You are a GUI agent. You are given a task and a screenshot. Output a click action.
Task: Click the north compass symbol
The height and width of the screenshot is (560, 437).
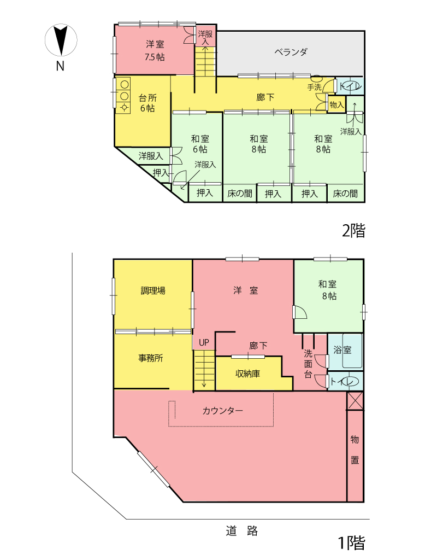(61, 41)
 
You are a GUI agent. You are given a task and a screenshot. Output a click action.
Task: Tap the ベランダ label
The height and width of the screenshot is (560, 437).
(291, 52)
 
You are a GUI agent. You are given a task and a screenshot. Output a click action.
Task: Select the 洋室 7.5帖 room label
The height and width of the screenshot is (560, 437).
(155, 50)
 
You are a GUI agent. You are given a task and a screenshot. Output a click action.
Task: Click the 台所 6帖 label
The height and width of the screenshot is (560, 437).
(147, 103)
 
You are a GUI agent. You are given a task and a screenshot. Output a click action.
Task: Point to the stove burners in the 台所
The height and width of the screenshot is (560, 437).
(124, 95)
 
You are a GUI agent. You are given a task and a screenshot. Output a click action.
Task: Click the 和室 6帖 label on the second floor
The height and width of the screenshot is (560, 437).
(199, 143)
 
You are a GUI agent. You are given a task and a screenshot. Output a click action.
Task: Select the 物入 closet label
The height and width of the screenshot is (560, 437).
(336, 104)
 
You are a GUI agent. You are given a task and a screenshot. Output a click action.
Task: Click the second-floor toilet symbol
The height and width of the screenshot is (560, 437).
(350, 86)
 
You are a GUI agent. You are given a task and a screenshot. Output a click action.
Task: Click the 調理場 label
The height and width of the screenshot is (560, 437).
(153, 291)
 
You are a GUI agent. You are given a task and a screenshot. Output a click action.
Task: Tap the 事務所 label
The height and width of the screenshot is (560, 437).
(150, 359)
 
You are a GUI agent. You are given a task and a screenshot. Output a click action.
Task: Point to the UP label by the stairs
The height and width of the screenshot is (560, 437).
(204, 343)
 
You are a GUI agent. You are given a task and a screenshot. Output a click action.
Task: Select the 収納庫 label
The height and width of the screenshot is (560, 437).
(247, 374)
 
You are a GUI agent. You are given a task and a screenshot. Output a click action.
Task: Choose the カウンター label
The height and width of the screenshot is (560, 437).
(222, 410)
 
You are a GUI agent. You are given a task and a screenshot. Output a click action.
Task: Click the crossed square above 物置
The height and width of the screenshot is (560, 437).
(355, 400)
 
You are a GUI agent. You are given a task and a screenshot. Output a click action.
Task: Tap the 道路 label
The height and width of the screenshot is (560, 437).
(241, 530)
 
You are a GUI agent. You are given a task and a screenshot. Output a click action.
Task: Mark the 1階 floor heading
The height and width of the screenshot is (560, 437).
(350, 542)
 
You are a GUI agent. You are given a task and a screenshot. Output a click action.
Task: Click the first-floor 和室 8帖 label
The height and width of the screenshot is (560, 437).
(328, 290)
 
